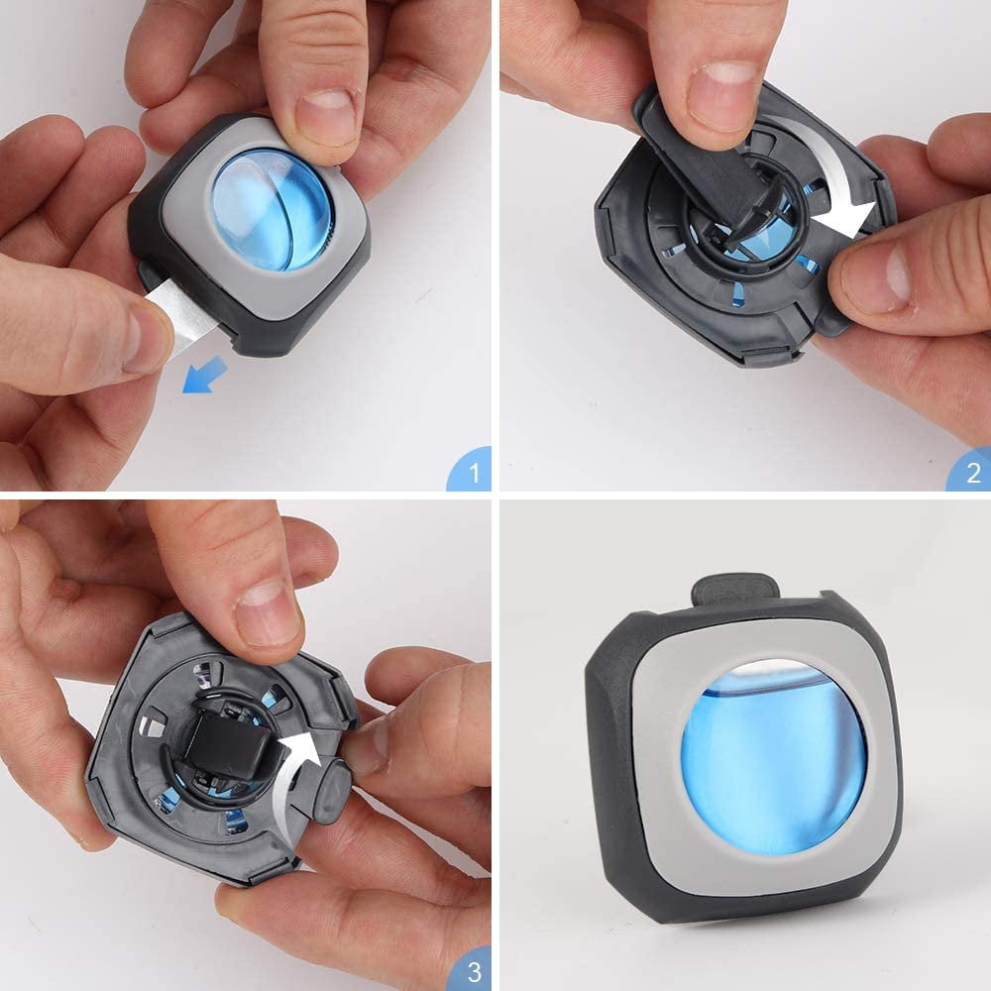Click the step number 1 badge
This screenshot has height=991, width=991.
[471, 471]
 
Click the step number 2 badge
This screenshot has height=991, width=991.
[971, 471]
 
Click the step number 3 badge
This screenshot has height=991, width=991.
[471, 970]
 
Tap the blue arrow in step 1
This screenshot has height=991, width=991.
[204, 375]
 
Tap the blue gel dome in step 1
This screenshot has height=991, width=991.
[271, 208]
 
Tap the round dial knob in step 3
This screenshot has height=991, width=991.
[332, 792]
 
